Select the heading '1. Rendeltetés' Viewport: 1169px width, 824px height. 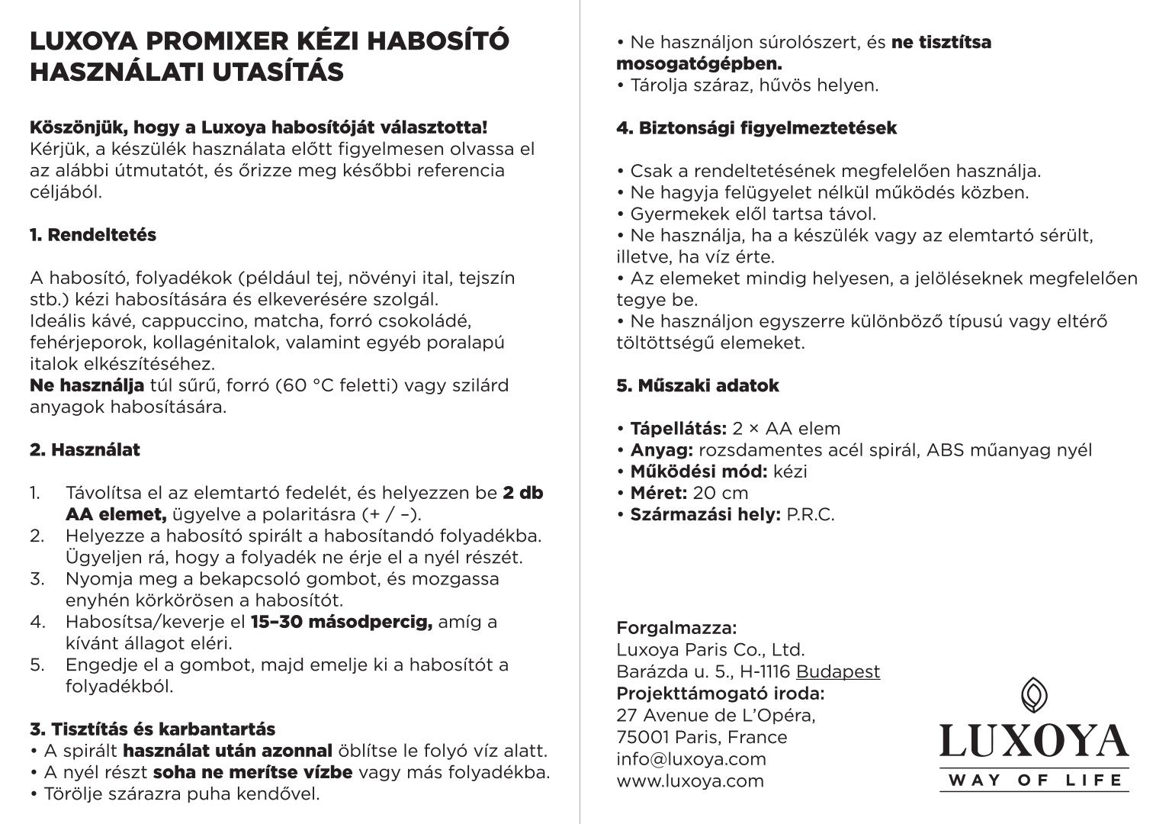pyautogui.click(x=93, y=235)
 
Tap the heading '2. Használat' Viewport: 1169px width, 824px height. pyautogui.click(x=85, y=450)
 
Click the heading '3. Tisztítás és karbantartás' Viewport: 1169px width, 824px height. pyautogui.click(x=153, y=729)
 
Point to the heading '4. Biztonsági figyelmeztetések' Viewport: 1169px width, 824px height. pyautogui.click(x=756, y=128)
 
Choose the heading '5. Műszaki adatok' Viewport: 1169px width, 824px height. pyautogui.click(x=698, y=385)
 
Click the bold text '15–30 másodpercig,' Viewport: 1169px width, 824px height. pyautogui.click(x=342, y=622)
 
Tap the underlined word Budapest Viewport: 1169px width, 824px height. pyautogui.click(x=838, y=672)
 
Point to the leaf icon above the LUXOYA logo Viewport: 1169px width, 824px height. pyautogui.click(x=1033, y=694)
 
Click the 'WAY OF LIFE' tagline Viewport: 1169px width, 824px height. pyautogui.click(x=1034, y=780)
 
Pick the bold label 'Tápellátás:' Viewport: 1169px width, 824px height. pyautogui.click(x=678, y=429)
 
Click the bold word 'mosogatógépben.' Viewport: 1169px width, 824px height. pyautogui.click(x=699, y=63)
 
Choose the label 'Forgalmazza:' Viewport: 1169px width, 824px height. pyautogui.click(x=676, y=629)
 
